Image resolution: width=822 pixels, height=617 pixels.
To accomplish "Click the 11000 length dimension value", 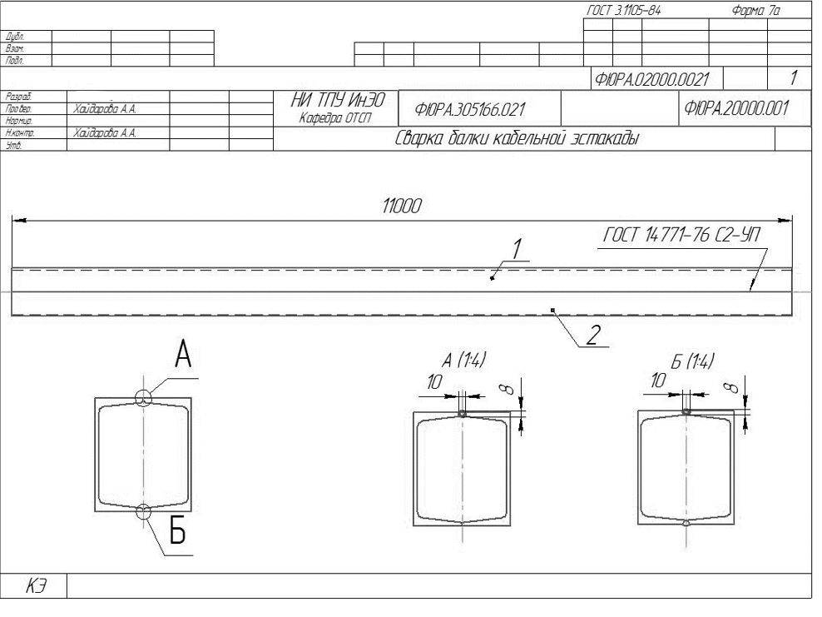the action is pyautogui.click(x=402, y=206).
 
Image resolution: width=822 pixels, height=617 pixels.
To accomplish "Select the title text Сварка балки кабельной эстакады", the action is pyautogui.click(x=517, y=138).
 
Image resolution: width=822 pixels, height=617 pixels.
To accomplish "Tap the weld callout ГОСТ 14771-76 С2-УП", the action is pyautogui.click(x=681, y=235).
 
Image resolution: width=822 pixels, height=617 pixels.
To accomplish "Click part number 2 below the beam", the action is pyautogui.click(x=593, y=335).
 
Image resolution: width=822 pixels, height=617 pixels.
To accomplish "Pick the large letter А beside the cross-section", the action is pyautogui.click(x=183, y=355).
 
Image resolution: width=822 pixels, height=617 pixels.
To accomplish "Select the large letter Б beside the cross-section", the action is pyautogui.click(x=178, y=531).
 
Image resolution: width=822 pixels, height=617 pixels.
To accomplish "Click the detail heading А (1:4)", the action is pyautogui.click(x=464, y=360).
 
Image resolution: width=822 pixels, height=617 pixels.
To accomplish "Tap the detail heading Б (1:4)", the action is pyautogui.click(x=692, y=361).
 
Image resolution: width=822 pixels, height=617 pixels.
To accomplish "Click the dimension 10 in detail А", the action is pyautogui.click(x=434, y=382).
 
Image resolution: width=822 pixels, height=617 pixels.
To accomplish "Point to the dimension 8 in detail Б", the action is pyautogui.click(x=730, y=387).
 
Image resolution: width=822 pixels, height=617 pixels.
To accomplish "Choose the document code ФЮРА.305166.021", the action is pyautogui.click(x=470, y=110).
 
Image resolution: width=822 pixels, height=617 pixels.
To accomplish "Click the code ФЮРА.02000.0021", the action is pyautogui.click(x=651, y=79).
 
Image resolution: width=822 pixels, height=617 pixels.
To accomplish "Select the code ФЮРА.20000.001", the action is pyautogui.click(x=736, y=108).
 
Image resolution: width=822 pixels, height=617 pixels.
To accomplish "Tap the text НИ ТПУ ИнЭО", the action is pyautogui.click(x=338, y=100).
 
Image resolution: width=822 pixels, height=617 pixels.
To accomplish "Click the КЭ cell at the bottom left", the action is pyautogui.click(x=35, y=586).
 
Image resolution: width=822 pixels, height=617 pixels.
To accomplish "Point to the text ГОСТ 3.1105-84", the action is pyautogui.click(x=623, y=10).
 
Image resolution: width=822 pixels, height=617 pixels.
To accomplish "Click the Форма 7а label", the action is pyautogui.click(x=755, y=10).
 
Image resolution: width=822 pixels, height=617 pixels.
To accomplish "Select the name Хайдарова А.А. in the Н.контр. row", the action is pyautogui.click(x=105, y=132).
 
